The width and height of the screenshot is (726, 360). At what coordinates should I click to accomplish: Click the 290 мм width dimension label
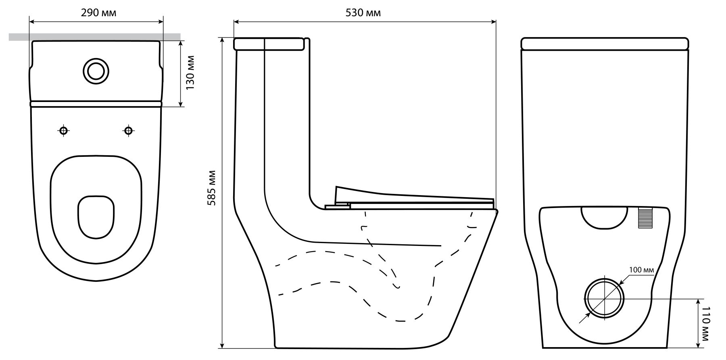click(x=98, y=12)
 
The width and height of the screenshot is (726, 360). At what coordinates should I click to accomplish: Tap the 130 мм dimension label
click(x=190, y=73)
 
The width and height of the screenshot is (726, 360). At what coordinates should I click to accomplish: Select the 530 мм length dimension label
click(x=363, y=12)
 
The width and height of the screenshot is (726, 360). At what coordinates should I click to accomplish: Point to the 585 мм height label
click(x=211, y=188)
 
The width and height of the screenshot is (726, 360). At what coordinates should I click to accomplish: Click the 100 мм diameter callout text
click(x=640, y=269)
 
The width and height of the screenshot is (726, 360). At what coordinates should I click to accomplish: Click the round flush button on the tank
click(x=96, y=71)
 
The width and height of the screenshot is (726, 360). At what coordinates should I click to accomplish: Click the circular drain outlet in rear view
click(x=605, y=298)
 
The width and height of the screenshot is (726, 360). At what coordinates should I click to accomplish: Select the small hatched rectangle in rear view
click(x=643, y=218)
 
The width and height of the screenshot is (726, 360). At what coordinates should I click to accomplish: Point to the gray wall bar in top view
click(x=95, y=37)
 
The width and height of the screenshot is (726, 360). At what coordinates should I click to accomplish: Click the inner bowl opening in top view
click(x=96, y=216)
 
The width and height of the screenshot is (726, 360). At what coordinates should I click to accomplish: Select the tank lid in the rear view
click(x=604, y=44)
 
